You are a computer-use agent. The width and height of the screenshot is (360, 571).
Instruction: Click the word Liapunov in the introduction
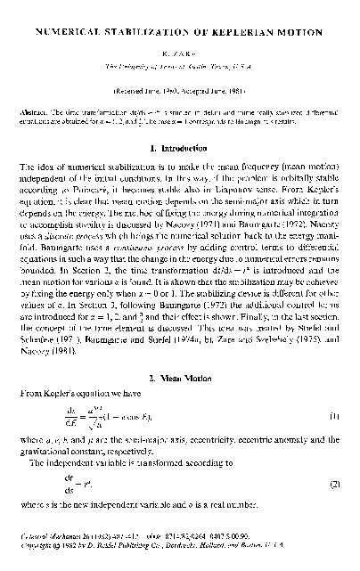[x=244, y=191]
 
